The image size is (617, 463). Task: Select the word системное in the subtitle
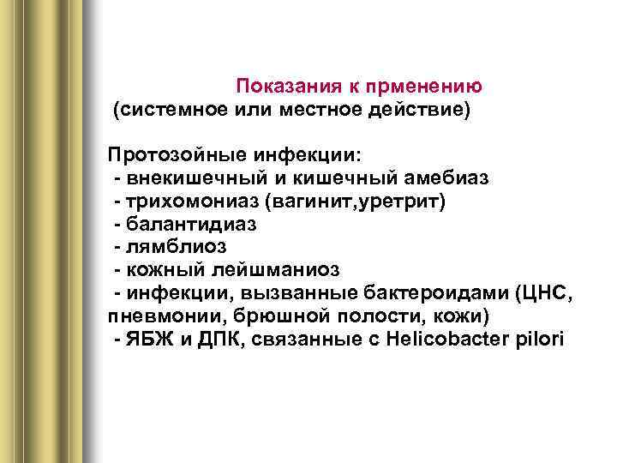pos(171,110)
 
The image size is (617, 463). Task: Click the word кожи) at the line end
pos(465,316)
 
